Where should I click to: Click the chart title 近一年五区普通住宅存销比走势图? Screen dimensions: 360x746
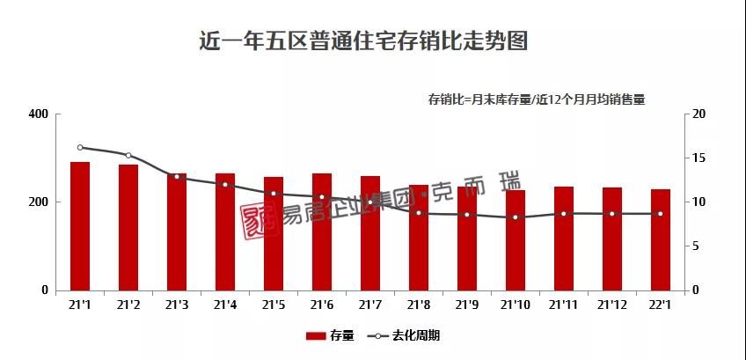(x=363, y=41)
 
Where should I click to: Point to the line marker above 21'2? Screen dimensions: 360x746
(x=128, y=155)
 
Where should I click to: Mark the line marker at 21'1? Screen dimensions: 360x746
(x=80, y=148)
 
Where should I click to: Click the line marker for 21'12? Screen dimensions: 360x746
(x=612, y=214)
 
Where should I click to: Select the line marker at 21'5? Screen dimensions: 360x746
(x=274, y=194)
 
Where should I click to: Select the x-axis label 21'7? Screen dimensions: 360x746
(x=370, y=305)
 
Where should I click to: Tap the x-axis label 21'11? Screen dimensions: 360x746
(x=564, y=305)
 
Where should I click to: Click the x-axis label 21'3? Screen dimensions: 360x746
(x=177, y=305)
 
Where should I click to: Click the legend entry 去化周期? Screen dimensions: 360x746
(x=404, y=335)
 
